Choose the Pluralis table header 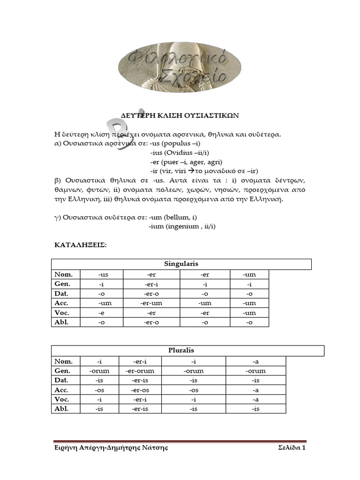[181, 351]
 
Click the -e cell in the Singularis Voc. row [101, 312]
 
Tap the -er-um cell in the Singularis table [151, 303]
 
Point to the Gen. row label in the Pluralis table [63, 371]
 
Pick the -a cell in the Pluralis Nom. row [255, 361]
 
